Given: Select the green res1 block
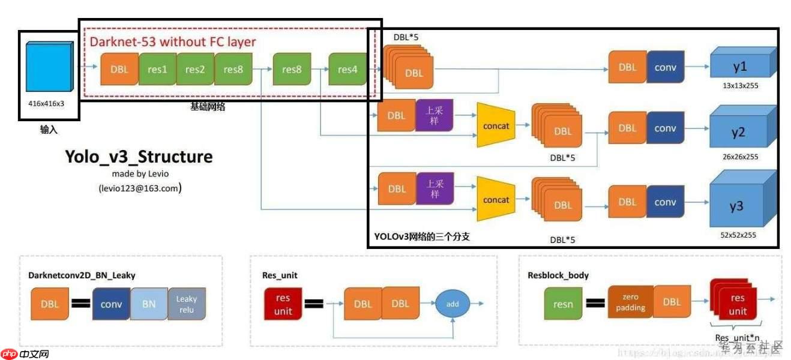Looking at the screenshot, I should tap(157, 69).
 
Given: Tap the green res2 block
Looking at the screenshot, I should tap(195, 69).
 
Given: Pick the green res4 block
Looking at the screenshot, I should tap(347, 69).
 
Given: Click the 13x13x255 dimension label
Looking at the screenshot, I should tap(739, 86).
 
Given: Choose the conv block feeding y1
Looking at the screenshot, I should tap(666, 67).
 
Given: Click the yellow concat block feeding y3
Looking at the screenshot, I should tap(496, 200).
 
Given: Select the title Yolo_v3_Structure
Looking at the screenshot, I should tap(139, 157).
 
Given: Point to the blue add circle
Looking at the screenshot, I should tap(453, 304).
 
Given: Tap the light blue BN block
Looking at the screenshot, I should tap(149, 304).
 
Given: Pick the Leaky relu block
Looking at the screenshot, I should tap(187, 304).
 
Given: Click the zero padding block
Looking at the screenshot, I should tap(630, 302).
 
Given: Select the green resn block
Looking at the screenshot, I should tap(563, 304).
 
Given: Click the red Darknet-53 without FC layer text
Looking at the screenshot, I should tap(173, 42).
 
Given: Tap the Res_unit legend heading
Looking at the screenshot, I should tap(280, 275).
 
